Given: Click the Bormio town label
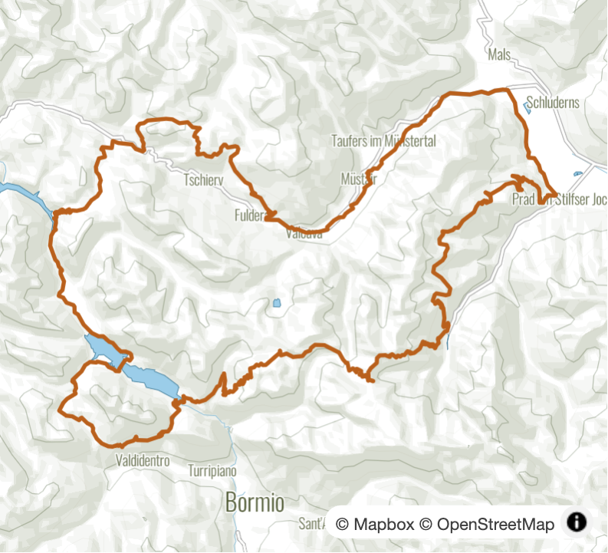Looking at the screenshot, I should [255, 503].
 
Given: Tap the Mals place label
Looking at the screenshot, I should [498, 54].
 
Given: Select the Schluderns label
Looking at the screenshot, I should [554, 103].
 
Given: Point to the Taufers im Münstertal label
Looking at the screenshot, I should [383, 141].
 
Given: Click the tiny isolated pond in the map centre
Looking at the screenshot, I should [276, 303].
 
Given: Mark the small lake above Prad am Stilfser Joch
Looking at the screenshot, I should [577, 175].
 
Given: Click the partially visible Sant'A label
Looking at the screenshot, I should [312, 525].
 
